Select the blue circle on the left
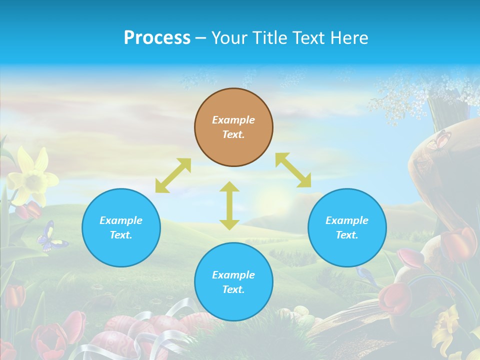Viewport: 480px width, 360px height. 121,227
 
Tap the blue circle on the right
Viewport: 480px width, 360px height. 347,227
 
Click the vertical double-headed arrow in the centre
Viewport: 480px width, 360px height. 229,205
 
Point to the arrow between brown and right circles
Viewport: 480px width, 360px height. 293,170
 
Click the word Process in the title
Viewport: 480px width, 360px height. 157,37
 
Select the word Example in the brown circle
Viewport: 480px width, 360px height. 233,120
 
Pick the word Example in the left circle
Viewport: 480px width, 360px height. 121,220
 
